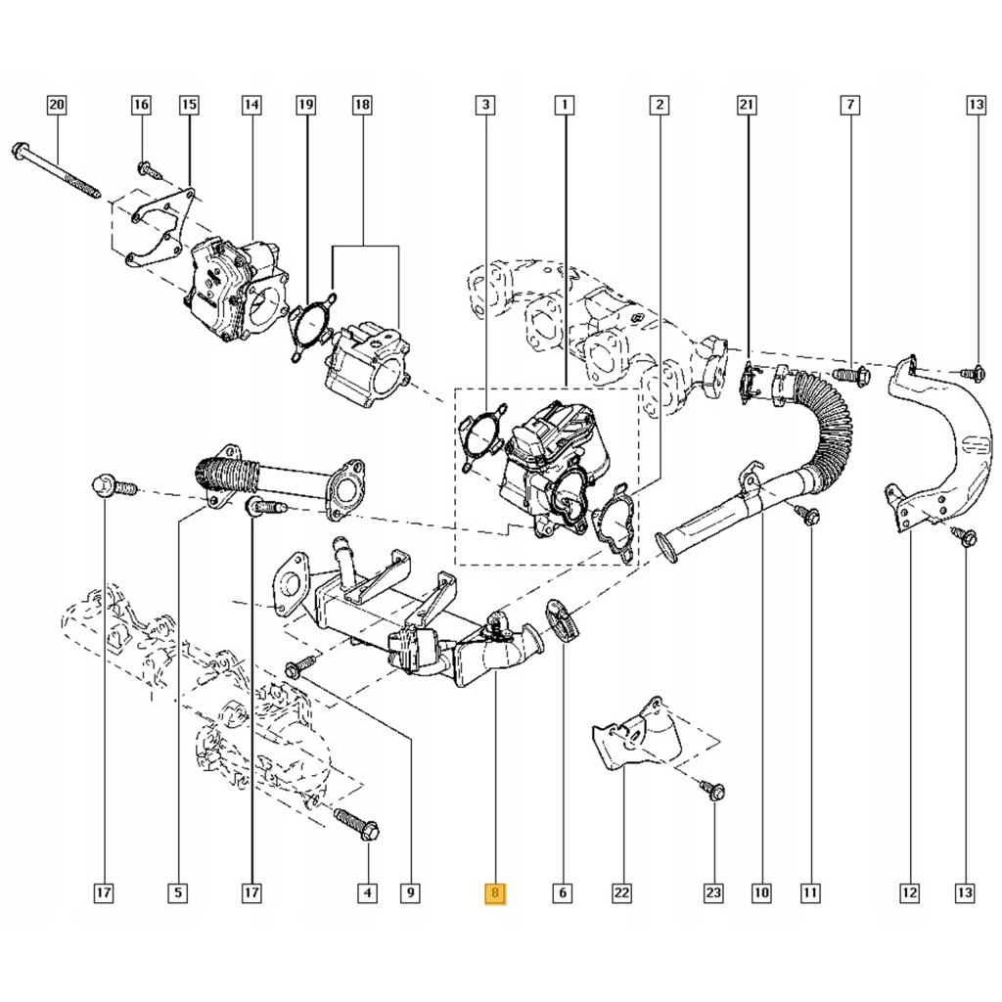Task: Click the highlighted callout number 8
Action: coord(496,892)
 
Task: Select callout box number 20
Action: coord(56,104)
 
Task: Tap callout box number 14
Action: coord(251,104)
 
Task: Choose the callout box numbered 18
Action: coord(362,104)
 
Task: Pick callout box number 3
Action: coord(484,104)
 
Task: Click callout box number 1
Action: coord(564,104)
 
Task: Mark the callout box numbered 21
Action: coord(748,104)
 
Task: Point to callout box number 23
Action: coord(712,892)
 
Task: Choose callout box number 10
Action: coord(761,892)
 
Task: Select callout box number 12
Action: coord(910,892)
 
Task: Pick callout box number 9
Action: coord(411,892)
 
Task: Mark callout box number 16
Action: coord(142,104)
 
